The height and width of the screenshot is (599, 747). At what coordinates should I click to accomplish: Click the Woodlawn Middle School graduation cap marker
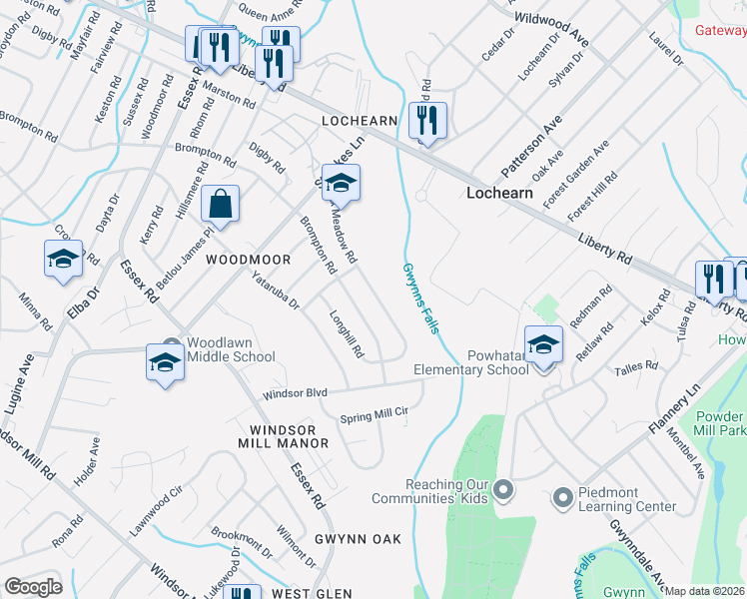pos(165,362)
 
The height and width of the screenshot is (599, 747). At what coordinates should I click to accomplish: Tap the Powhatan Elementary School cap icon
pos(543,345)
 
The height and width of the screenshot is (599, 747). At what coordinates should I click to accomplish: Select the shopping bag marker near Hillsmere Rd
pos(220,204)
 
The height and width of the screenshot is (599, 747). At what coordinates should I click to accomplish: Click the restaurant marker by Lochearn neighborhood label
pos(427,121)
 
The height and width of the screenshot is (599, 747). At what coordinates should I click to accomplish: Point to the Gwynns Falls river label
pos(420,299)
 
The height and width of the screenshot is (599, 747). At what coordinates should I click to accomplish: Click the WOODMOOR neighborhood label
pos(248,260)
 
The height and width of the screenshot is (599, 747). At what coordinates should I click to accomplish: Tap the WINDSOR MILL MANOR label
pos(284,436)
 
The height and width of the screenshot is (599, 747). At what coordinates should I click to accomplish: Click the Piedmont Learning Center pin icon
pos(562,495)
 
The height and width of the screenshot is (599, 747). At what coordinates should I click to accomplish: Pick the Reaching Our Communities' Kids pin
pos(504,490)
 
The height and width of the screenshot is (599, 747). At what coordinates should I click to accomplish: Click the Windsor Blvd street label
pos(295,394)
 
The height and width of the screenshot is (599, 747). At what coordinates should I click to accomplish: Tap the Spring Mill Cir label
pos(374,414)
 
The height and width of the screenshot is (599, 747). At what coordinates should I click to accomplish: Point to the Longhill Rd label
pos(347,333)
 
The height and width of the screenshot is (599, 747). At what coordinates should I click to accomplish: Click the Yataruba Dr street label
pos(275,290)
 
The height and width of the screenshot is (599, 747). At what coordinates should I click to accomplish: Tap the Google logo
pos(33,587)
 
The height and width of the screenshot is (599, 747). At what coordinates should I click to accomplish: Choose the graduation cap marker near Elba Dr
pos(63,259)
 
